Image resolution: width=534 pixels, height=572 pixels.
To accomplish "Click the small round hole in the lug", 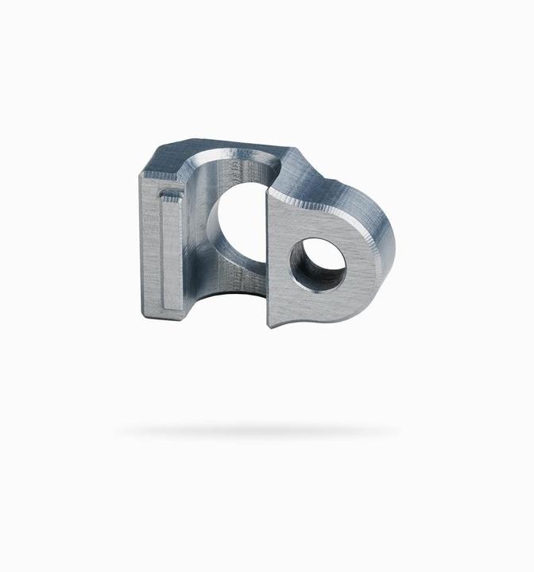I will (x=319, y=265).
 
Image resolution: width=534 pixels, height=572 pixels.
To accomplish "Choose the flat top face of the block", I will (x=215, y=151).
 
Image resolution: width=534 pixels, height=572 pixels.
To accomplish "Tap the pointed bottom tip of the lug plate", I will (x=270, y=325).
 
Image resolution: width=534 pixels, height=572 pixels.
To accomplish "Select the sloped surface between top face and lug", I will (x=318, y=175).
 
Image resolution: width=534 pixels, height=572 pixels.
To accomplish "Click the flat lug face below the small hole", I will (x=318, y=306).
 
